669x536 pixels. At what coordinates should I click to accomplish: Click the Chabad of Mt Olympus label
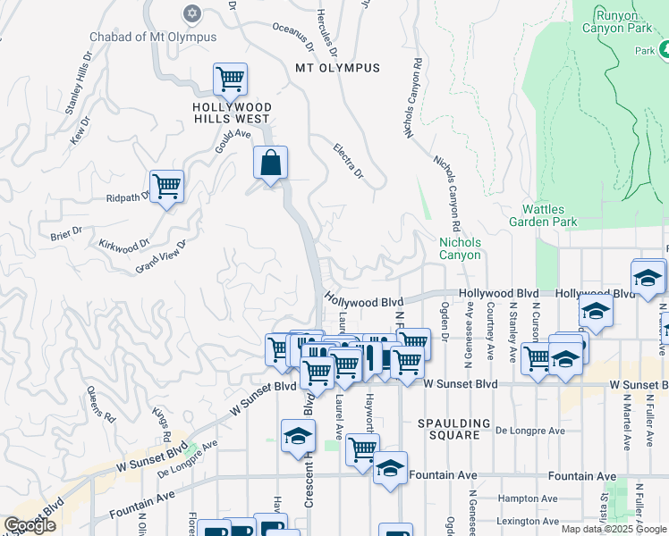point(153,37)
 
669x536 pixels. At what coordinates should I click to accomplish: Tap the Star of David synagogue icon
point(191,13)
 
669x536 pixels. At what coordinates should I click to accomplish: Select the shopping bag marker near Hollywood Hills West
point(270,164)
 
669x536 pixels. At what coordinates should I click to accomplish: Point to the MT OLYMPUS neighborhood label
point(337,68)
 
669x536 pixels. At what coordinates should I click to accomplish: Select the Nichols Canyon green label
point(460,248)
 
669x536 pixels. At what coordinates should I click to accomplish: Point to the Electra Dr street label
point(349,160)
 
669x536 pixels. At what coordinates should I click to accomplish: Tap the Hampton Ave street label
point(529,498)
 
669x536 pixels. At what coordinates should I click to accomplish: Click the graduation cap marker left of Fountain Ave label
point(390,468)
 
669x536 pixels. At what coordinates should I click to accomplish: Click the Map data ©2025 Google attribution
point(614,529)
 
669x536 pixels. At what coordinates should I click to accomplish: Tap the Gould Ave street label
point(231,138)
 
